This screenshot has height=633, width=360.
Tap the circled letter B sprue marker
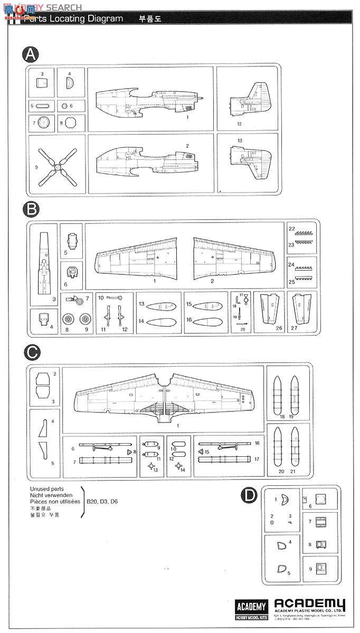32,209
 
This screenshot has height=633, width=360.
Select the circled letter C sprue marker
32,351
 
